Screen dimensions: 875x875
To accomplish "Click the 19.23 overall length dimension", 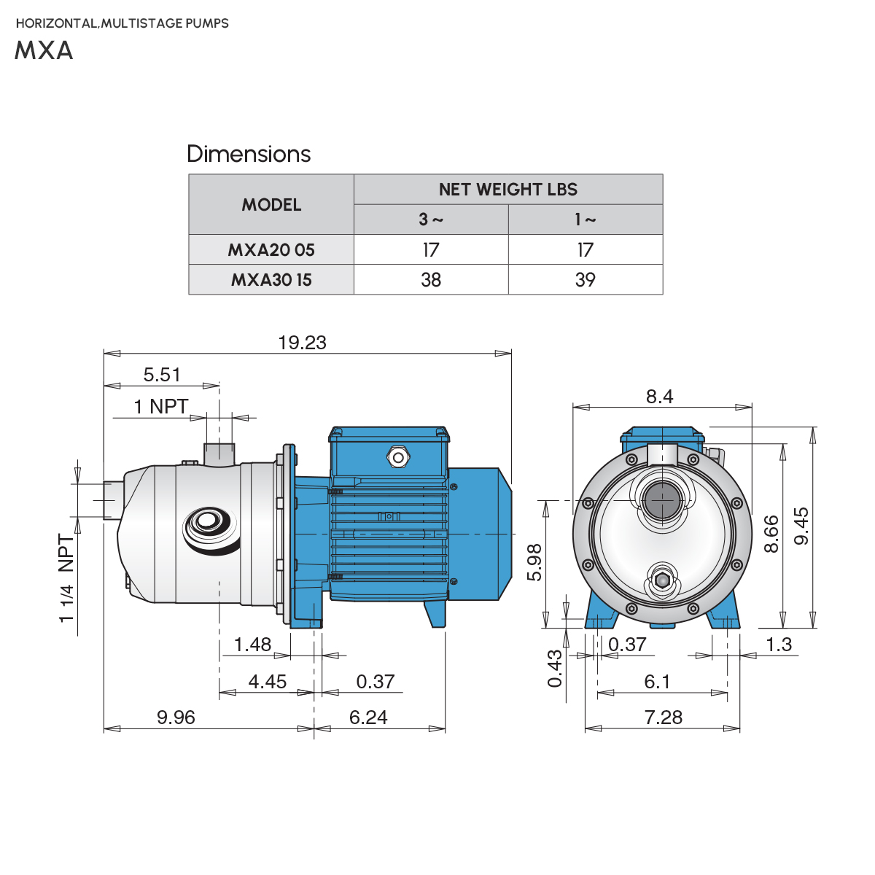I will tap(302, 343).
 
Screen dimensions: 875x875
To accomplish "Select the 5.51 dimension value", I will tap(161, 375).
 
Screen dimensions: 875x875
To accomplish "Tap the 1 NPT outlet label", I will tap(160, 406).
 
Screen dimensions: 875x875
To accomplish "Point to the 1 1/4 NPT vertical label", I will tap(66, 578).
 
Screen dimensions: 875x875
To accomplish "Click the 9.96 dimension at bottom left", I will tap(176, 717).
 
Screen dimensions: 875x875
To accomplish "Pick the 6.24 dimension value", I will tap(368, 717).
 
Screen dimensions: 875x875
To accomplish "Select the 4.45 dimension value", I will tap(268, 682).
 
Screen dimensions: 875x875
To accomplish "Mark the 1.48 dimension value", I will tap(252, 645).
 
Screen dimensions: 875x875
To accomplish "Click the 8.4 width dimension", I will tap(659, 397).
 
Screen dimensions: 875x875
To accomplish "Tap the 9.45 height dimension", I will tap(801, 526).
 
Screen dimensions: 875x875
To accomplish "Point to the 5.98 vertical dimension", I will tap(534, 562).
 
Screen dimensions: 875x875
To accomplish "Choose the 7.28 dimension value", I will tap(663, 717).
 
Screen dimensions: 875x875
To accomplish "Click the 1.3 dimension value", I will tap(779, 645).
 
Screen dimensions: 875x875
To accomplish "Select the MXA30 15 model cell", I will tap(271, 280).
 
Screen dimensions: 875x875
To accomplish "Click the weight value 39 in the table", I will tap(585, 280).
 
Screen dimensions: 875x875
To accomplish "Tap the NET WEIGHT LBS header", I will tap(507, 190).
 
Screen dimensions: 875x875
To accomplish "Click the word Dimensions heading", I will tap(249, 154).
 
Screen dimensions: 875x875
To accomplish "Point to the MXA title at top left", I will tap(44, 50).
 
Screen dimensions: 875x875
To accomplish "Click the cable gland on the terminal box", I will tap(397, 457).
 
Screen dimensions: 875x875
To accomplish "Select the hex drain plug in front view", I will tap(662, 580).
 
